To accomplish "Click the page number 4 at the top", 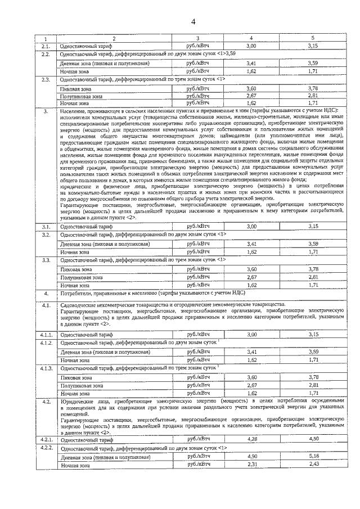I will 192,22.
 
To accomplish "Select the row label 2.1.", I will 46,46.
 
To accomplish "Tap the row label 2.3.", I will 46,80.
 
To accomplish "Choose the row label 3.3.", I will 47,261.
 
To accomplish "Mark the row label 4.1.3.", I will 47,368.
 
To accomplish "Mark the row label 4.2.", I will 47,403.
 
